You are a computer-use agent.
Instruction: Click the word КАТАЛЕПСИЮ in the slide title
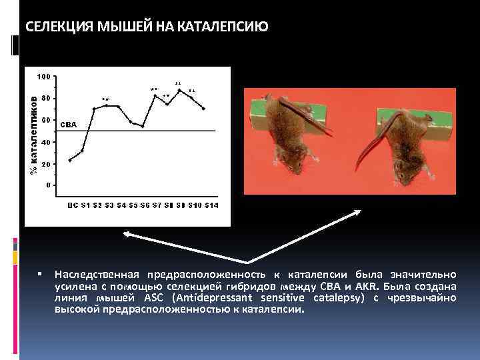[x=225, y=27]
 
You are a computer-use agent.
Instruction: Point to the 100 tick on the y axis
[x=43, y=76]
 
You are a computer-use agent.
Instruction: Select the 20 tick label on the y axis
[x=45, y=164]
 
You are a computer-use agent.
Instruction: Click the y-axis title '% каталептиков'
[x=32, y=133]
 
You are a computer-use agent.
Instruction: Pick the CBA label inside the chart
[x=69, y=125]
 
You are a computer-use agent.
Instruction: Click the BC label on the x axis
[x=72, y=205]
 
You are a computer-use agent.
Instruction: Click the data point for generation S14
[x=203, y=109]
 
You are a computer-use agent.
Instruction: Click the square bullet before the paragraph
[x=41, y=274]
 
